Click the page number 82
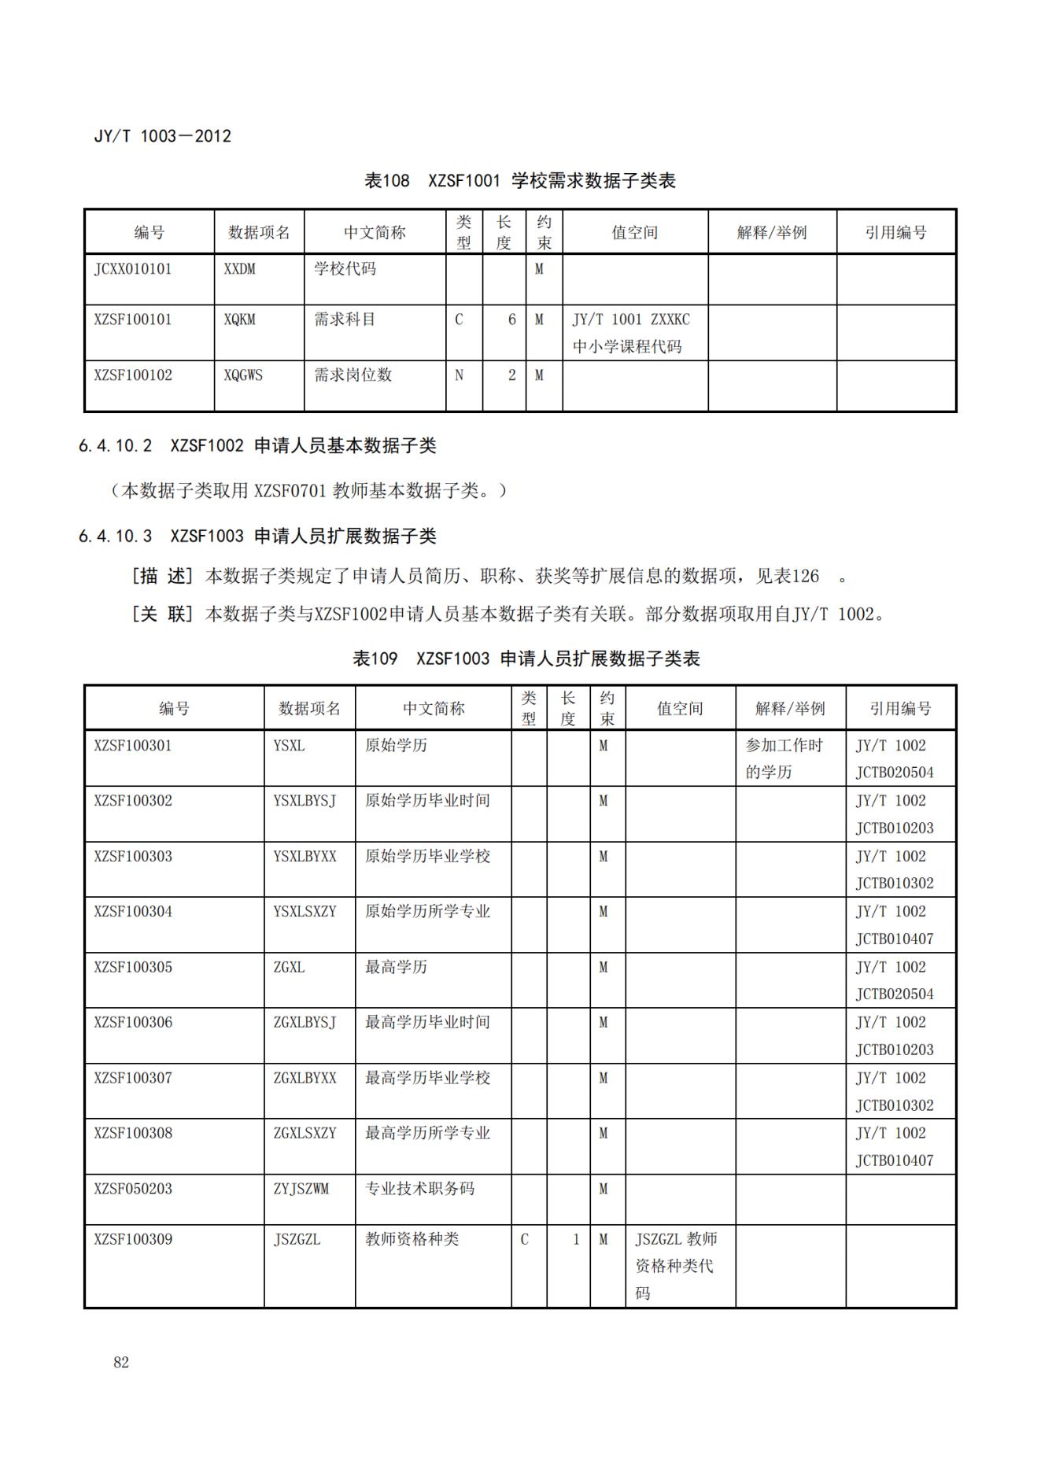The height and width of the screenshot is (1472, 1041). pyautogui.click(x=120, y=1362)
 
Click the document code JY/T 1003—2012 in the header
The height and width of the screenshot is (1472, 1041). pyautogui.click(x=163, y=136)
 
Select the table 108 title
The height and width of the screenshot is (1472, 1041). pyautogui.click(x=519, y=181)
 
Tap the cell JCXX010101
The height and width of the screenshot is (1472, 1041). pyautogui.click(x=132, y=269)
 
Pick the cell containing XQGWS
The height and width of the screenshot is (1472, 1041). pyautogui.click(x=243, y=375)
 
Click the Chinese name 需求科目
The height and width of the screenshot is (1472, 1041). pyautogui.click(x=345, y=319)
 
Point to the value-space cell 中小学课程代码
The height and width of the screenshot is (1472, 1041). pyautogui.click(x=627, y=346)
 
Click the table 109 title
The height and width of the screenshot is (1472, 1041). pyautogui.click(x=526, y=659)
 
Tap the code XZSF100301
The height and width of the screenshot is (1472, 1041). pyautogui.click(x=132, y=745)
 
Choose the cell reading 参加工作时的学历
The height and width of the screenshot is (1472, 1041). pyautogui.click(x=784, y=758)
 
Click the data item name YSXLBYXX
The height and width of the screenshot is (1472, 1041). pyautogui.click(x=305, y=856)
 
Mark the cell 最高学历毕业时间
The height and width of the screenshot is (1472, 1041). pyautogui.click(x=427, y=1022)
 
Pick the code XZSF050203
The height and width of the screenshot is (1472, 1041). pyautogui.click(x=132, y=1189)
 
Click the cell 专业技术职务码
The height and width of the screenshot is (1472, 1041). pyautogui.click(x=419, y=1189)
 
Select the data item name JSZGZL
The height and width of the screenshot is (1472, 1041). pyautogui.click(x=297, y=1239)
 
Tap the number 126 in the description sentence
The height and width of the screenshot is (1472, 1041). pyautogui.click(x=805, y=576)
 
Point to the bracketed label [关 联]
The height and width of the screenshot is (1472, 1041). pyautogui.click(x=162, y=614)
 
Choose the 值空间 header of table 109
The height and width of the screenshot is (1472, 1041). pyautogui.click(x=680, y=709)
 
